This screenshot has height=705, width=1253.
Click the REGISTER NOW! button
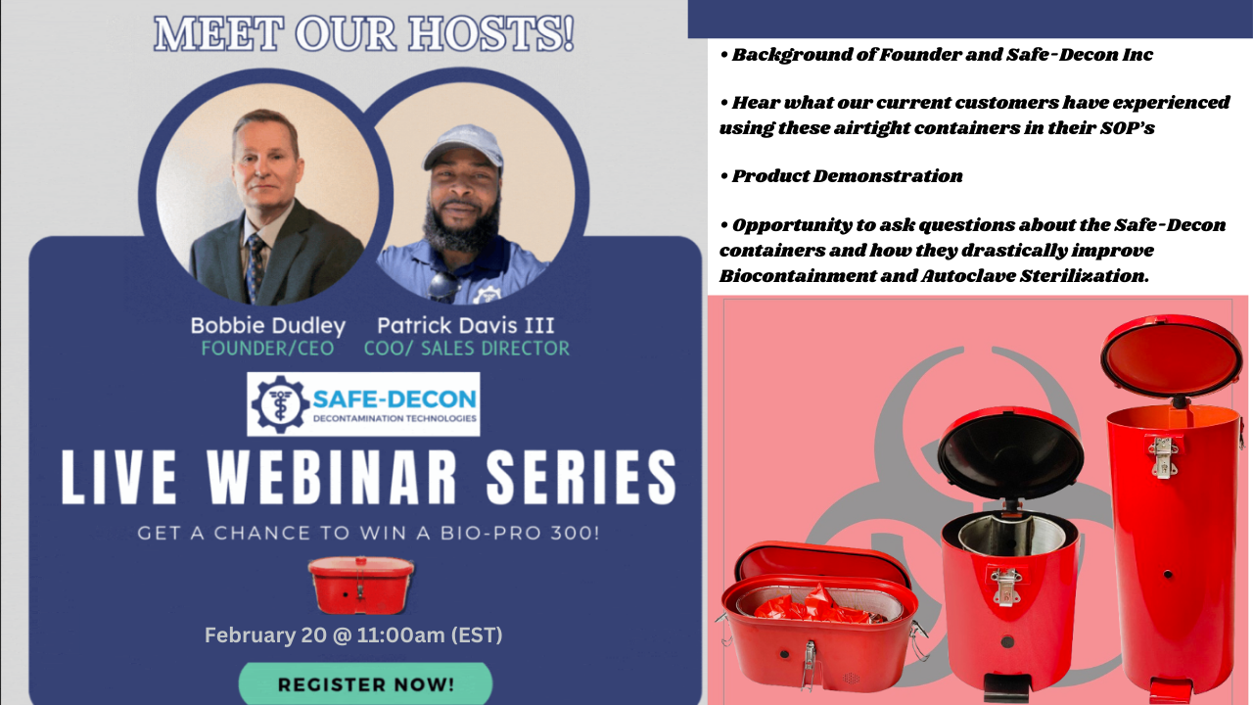point(365,683)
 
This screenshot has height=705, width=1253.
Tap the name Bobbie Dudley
point(267,325)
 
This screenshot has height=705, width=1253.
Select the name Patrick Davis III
point(466,325)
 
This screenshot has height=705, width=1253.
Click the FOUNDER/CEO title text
point(267,348)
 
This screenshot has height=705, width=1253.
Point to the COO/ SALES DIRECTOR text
point(466,348)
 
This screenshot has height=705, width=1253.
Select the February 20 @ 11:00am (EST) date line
point(353,634)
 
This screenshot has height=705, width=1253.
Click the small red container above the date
point(360,585)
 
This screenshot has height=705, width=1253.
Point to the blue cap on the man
point(462,144)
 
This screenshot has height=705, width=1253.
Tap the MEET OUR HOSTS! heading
point(363,34)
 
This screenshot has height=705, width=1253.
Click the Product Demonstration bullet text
point(847,176)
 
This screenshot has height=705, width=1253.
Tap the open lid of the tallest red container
point(1172,355)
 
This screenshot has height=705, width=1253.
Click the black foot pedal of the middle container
point(1005,687)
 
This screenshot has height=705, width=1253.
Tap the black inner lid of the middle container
point(1011,452)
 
